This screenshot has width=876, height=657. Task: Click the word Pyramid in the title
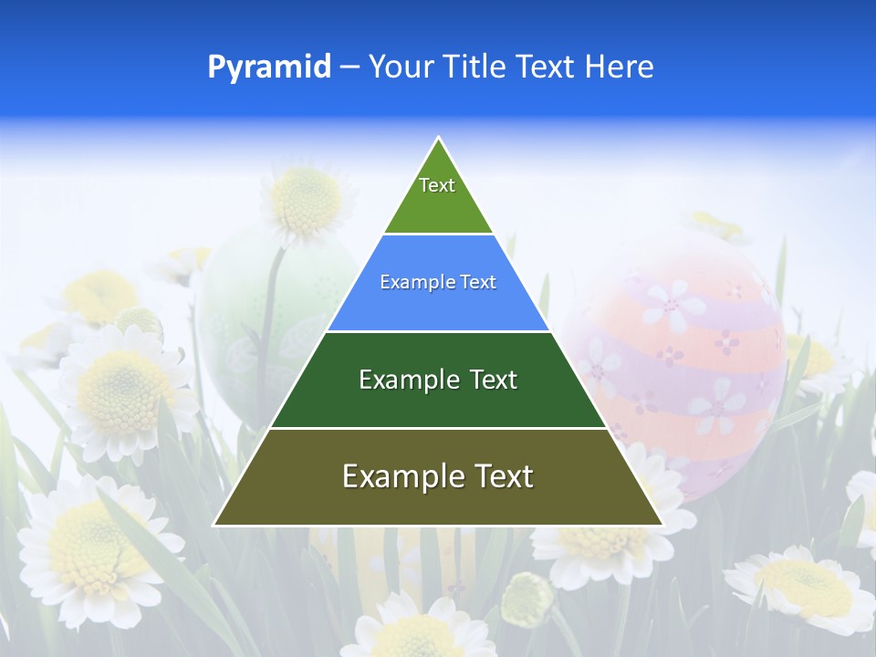(x=269, y=67)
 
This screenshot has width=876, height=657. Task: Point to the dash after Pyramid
(x=349, y=68)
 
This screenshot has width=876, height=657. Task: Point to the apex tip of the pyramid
(x=438, y=139)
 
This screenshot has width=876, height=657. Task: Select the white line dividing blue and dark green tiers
(x=438, y=331)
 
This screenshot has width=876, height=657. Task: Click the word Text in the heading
(x=545, y=67)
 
